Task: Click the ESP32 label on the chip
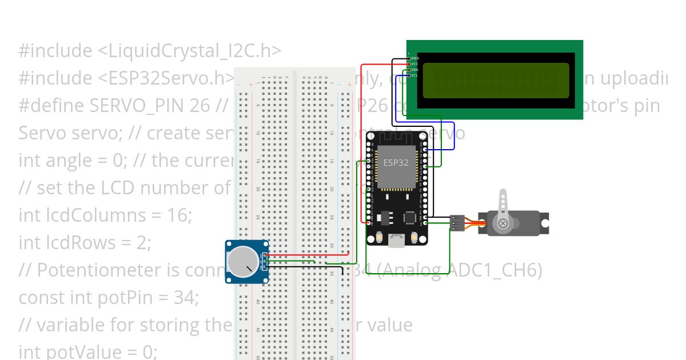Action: click(x=396, y=162)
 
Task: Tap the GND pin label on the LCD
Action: click(x=415, y=58)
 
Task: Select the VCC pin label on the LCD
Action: click(x=415, y=64)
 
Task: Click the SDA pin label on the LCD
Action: click(x=415, y=70)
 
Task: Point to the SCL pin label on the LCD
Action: click(x=415, y=75)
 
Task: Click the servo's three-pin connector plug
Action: click(x=457, y=223)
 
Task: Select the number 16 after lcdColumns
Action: click(x=180, y=215)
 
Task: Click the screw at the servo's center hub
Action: click(x=503, y=223)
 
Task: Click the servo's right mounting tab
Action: click(x=545, y=223)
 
